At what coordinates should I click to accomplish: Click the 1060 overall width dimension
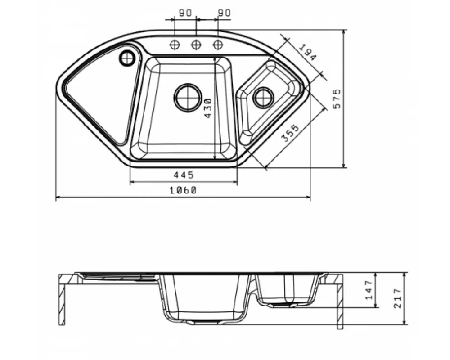(x=183, y=190)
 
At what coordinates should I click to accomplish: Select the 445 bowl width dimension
(x=183, y=175)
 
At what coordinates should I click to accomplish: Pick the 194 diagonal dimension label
(x=309, y=53)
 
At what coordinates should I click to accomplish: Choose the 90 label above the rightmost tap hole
(x=224, y=13)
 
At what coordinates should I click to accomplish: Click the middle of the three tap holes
(x=196, y=45)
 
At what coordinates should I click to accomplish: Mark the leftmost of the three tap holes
(x=175, y=45)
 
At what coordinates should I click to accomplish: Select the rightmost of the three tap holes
(x=218, y=45)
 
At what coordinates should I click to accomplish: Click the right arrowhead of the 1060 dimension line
(x=308, y=198)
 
